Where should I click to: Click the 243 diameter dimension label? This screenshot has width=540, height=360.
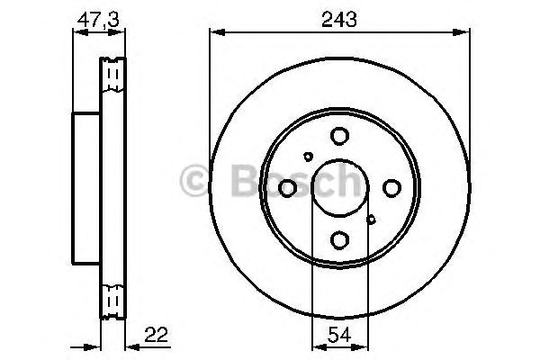tap(339, 19)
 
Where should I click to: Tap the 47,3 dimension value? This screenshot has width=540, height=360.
tap(98, 20)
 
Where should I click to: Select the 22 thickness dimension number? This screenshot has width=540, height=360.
tap(156, 335)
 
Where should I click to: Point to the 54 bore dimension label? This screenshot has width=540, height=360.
tap(339, 335)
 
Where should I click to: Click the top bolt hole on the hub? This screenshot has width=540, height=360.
tap(339, 136)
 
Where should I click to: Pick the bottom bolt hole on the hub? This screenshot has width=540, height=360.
tap(339, 240)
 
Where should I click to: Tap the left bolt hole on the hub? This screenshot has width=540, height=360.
tap(287, 188)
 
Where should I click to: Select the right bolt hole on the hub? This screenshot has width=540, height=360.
tap(391, 188)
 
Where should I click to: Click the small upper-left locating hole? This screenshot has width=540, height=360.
tap(308, 157)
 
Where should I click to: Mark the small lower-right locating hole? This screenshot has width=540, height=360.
tap(371, 220)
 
